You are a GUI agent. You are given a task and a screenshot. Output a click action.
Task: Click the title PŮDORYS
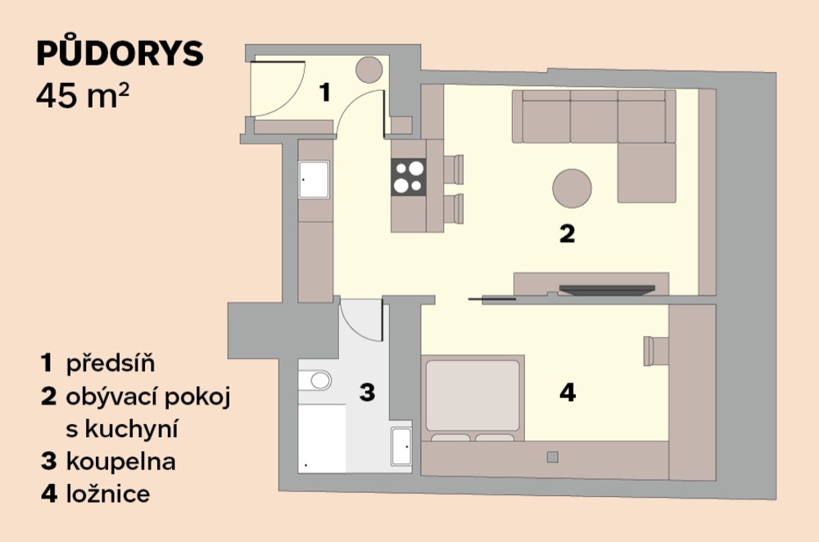pos(120,52)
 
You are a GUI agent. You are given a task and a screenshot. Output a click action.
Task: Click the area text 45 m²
pos(83,96)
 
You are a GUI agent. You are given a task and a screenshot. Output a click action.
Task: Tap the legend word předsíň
pos(111,362)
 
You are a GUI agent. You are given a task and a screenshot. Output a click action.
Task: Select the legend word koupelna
pos(120,461)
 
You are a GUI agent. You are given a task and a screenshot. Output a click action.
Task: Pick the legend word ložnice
pos(108,494)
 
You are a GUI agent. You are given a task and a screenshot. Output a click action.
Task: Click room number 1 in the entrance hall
pos(325,93)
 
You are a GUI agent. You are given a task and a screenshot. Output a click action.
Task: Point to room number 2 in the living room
pos(568,234)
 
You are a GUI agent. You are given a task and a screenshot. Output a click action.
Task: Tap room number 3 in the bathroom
pos(367,392)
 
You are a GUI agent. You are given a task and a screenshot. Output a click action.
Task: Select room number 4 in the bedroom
pos(568,392)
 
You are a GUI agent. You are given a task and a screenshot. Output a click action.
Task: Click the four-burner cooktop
pos(409,177)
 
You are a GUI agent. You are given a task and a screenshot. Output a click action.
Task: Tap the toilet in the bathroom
pos(315,380)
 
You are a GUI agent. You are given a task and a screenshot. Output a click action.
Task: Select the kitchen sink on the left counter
pos(314,180)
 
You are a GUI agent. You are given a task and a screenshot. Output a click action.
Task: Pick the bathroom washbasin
pos(401,446)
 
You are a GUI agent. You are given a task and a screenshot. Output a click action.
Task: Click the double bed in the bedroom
pos(473,399)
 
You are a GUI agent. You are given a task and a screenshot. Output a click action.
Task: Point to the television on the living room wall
pos(607,289)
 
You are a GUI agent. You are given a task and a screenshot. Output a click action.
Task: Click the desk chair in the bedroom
pos(656,351)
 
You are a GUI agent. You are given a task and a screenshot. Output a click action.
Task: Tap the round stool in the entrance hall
pos(369,70)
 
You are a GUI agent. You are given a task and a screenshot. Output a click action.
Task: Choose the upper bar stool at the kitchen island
pos(454,169)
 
